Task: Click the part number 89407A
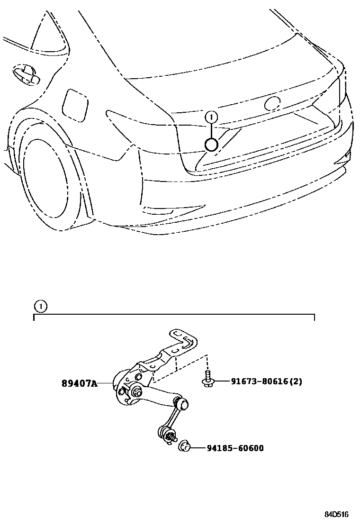tap(79, 383)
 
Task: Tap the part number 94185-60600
tap(234, 448)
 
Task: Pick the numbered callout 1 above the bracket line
tap(41, 307)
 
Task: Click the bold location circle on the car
tap(212, 144)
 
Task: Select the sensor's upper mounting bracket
tap(182, 344)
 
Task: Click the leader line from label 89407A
tap(105, 383)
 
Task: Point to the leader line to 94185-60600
tap(198, 448)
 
